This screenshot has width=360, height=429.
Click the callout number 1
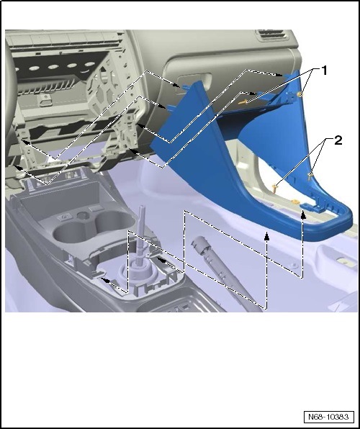(324, 71)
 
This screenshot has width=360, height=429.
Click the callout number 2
(338, 140)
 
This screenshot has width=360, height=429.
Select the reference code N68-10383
(328, 417)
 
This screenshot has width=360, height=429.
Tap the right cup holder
(114, 220)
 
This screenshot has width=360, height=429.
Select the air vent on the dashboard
(271, 35)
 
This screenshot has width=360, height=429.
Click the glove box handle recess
(194, 81)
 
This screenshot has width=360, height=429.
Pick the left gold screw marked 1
(243, 102)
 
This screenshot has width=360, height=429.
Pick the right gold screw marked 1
(300, 94)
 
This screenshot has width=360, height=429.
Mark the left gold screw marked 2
(275, 189)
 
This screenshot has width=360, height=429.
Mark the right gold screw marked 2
(310, 176)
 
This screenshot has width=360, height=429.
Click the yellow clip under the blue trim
(294, 202)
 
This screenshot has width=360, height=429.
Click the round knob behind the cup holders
(82, 216)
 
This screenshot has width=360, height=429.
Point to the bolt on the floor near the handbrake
(294, 265)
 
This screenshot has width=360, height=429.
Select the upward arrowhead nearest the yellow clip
(303, 215)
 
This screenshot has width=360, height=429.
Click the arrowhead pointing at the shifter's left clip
(105, 280)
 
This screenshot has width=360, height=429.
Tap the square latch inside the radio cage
(45, 100)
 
